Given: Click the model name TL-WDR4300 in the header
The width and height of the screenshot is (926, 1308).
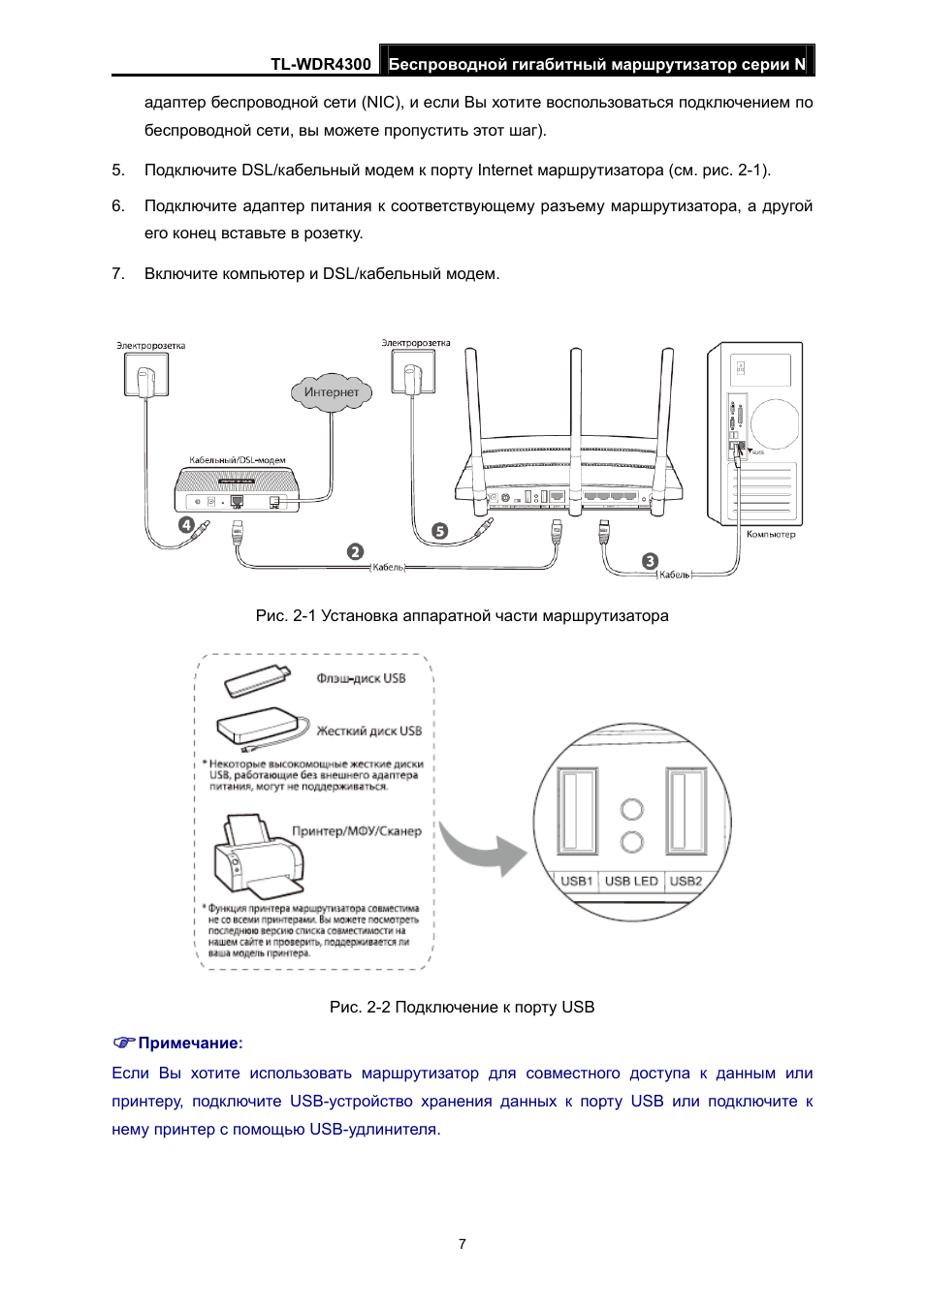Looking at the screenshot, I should [320, 64].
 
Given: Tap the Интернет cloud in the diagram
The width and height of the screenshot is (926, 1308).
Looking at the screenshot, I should [332, 392].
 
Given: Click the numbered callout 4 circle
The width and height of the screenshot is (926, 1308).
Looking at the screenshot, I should [186, 525].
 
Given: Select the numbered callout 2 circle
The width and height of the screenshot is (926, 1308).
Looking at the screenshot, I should [356, 551].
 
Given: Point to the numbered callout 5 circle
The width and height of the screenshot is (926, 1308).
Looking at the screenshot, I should [440, 531].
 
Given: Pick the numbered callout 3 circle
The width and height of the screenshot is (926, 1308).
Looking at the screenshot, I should [651, 561].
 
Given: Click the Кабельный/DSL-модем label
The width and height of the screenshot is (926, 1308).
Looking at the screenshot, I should [238, 460].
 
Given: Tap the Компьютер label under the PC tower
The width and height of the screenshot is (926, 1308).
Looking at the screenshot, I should [771, 534].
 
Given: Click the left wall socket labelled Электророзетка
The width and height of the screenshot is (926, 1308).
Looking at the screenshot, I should [146, 374].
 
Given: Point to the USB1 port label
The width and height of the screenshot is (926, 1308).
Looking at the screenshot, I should [576, 881].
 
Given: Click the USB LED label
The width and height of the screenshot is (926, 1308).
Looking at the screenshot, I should [631, 881].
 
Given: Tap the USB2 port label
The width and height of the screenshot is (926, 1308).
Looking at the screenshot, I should [686, 881].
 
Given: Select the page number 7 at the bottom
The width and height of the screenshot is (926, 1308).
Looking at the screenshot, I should [463, 1244].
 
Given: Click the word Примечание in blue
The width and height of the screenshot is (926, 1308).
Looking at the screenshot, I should [189, 1043].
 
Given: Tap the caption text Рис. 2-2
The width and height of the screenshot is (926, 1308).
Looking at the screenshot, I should [360, 1008].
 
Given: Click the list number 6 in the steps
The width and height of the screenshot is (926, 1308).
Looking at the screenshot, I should [117, 206].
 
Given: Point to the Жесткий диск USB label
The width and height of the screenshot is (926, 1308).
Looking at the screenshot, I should [369, 731].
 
